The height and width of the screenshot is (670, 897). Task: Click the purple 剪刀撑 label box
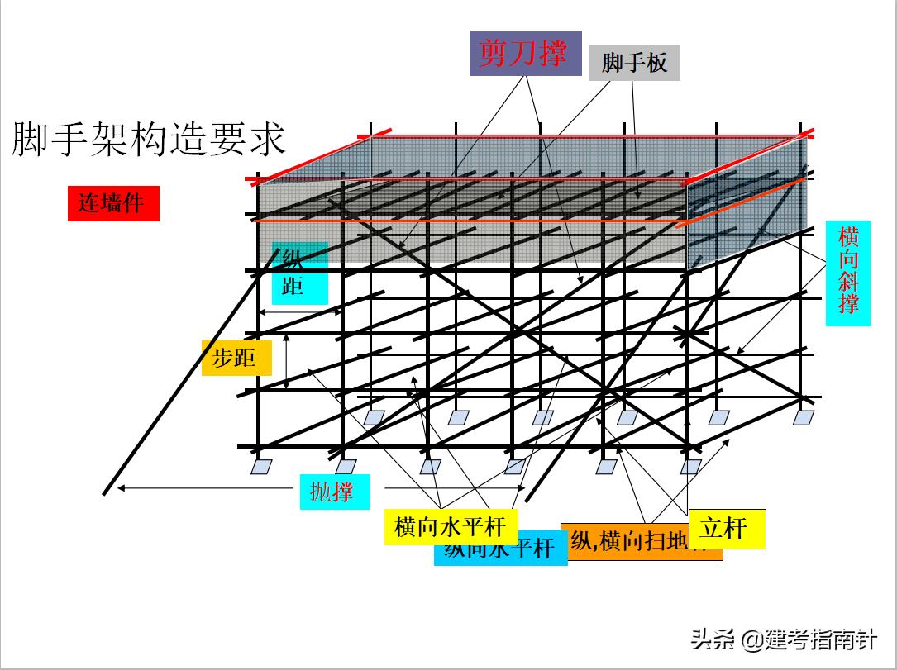[525, 54]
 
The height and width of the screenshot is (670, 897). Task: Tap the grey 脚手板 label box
[634, 62]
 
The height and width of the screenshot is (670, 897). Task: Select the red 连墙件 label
[112, 202]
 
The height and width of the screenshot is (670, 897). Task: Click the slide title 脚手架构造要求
[149, 139]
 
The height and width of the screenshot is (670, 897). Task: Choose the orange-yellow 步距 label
[236, 358]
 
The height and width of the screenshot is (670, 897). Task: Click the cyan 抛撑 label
[334, 492]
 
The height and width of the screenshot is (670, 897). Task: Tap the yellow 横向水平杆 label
[450, 526]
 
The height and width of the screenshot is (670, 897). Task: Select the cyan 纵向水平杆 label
[500, 549]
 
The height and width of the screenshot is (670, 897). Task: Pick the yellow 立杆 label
[727, 528]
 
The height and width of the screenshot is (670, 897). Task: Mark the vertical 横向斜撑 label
[848, 272]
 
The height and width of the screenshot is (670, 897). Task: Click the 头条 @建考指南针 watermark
[783, 639]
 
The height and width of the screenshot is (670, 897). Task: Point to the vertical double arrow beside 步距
[286, 361]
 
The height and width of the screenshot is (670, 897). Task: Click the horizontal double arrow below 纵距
[301, 312]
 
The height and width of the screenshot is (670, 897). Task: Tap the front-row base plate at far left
[261, 468]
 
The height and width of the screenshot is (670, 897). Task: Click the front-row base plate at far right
[691, 468]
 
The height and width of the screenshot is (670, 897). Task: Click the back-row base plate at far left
[374, 417]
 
